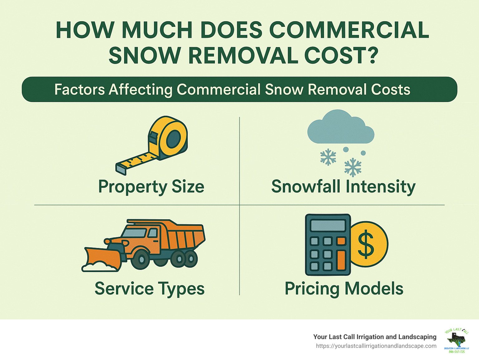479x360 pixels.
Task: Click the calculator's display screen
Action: [328, 226]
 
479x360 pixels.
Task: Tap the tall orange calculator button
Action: [341, 260]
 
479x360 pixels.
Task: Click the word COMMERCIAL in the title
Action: [349, 30]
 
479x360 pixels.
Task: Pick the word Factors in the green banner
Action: [80, 90]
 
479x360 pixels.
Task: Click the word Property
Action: [133, 187]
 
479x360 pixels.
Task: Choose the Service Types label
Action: [149, 289]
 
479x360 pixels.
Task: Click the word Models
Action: [374, 289]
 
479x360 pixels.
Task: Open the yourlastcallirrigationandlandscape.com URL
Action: [376, 346]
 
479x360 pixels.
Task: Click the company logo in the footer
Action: [456, 340]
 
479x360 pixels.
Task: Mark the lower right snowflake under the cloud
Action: [353, 168]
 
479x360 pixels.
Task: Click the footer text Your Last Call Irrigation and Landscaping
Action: [375, 337]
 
